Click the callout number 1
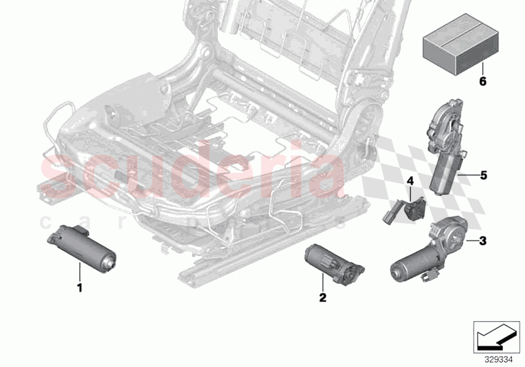(x=79, y=288)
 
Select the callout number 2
(x=322, y=298)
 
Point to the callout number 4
(x=410, y=180)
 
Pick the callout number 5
(x=482, y=175)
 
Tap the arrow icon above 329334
(x=496, y=335)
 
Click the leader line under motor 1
(x=79, y=272)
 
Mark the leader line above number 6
(x=482, y=69)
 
